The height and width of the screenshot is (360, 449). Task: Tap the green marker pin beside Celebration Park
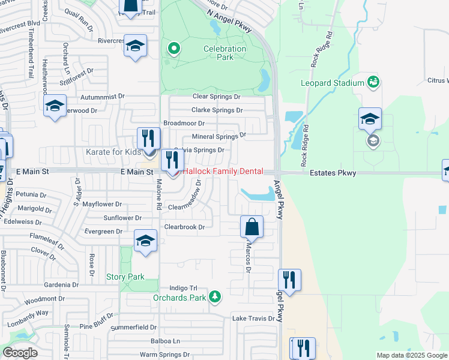coord(174,48)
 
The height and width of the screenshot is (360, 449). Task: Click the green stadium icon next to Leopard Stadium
coord(373,81)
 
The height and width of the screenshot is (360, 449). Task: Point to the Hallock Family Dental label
coord(223,172)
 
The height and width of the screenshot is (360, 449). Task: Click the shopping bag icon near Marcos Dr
coord(252,227)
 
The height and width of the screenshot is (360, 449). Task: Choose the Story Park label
coord(125,277)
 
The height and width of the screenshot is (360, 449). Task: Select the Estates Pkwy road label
coord(334,173)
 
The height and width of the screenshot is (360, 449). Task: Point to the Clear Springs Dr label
coord(216,96)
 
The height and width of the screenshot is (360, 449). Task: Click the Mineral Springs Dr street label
coord(219,136)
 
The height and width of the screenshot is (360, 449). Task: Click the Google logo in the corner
coord(20,353)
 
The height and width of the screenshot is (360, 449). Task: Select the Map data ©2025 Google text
coord(412,355)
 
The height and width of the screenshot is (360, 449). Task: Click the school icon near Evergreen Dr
coord(145,241)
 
